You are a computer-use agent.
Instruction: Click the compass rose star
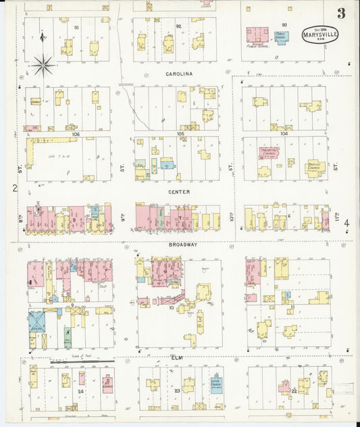tap(43, 65)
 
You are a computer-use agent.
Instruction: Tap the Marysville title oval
tap(320, 34)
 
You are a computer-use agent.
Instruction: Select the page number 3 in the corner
tap(342, 13)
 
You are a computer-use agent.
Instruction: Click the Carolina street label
tap(179, 73)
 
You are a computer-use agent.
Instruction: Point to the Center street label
tap(179, 192)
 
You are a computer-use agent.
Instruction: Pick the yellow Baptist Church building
tap(314, 167)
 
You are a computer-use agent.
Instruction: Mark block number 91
tap(76, 27)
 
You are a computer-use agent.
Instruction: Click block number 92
tap(178, 26)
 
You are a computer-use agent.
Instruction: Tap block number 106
tap(76, 134)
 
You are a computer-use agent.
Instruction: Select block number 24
tap(80, 391)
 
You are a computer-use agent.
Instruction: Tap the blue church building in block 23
tap(216, 382)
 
